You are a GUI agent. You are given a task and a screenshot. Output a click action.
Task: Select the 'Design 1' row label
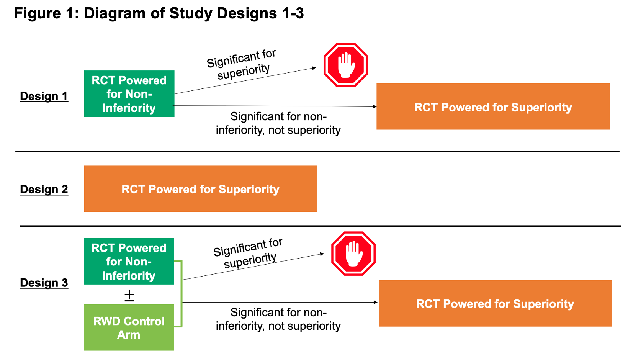[44, 96]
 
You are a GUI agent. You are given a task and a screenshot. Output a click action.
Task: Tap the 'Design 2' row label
[44, 189]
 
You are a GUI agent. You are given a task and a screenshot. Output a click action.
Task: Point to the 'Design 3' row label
[44, 283]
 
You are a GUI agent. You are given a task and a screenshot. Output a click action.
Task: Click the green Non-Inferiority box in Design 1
[129, 94]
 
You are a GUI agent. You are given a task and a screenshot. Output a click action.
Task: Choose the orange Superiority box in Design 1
[493, 107]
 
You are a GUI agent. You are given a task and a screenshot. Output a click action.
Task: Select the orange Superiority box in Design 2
[201, 189]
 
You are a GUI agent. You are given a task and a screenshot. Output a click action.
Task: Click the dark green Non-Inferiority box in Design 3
[129, 262]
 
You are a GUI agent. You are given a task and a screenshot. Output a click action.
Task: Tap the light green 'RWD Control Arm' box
[129, 327]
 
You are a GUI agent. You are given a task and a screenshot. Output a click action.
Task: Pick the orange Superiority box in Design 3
[495, 303]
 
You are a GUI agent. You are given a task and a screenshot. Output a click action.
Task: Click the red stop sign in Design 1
[345, 65]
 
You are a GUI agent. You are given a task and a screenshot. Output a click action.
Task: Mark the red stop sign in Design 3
[353, 254]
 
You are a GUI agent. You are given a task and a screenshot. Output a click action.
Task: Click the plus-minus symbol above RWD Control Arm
[129, 295]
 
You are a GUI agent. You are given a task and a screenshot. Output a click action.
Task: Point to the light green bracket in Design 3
[181, 293]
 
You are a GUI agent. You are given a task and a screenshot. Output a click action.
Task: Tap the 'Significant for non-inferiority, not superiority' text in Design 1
[278, 123]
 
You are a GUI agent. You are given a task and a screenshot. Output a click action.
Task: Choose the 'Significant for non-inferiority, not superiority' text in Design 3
[278, 319]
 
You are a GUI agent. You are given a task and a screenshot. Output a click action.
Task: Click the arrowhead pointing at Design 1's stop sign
[314, 68]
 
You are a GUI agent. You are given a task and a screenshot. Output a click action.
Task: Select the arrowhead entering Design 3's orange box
[375, 302]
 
